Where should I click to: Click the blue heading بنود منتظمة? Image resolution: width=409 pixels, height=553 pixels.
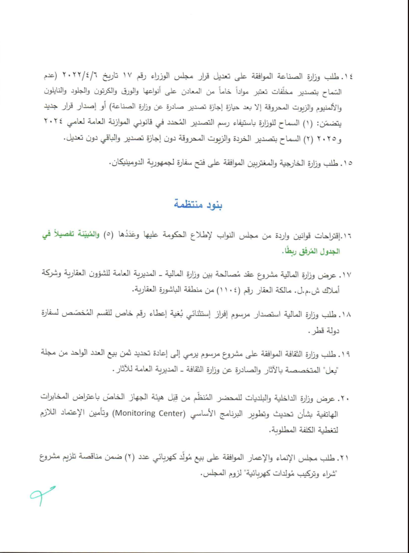[x=198, y=205]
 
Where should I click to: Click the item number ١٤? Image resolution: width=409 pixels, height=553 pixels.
[x=348, y=76]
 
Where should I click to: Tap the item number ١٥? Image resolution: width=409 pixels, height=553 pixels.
[x=348, y=163]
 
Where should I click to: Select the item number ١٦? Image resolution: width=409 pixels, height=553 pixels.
[x=347, y=235]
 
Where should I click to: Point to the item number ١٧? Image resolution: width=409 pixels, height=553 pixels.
[x=346, y=275]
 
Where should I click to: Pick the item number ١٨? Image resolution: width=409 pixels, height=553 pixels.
[x=346, y=314]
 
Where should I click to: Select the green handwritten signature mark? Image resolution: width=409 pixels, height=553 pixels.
[x=42, y=495]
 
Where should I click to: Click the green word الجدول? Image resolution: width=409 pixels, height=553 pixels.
[x=331, y=251]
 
